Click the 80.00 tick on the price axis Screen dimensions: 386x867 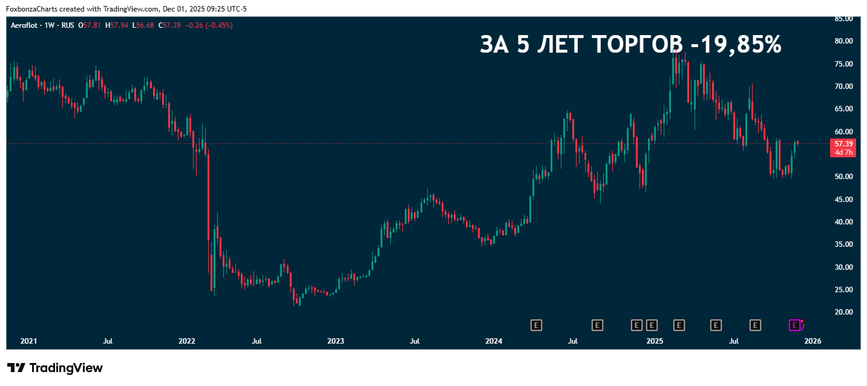[x=843, y=41]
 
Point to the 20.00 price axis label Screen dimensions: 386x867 [x=843, y=312]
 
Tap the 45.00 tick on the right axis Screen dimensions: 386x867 [x=843, y=200]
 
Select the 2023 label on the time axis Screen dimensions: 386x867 [x=335, y=341]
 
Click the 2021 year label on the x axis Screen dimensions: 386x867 [x=28, y=341]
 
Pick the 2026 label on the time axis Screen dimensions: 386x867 [x=812, y=341]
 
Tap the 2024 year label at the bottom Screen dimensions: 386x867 [x=494, y=341]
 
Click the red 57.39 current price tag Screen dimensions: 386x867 [x=843, y=144]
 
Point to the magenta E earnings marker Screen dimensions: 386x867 [x=794, y=325]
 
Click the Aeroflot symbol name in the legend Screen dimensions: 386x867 [x=25, y=25]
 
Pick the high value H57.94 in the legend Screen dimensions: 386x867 [x=116, y=25]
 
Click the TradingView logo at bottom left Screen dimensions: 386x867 [x=55, y=368]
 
